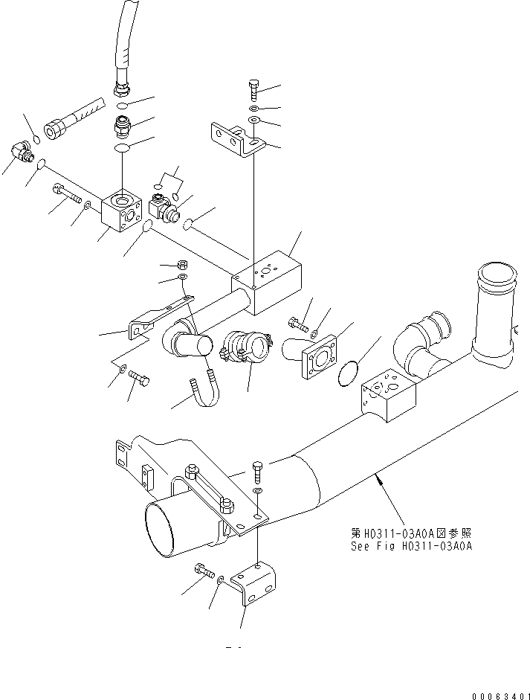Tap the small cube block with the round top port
122,216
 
